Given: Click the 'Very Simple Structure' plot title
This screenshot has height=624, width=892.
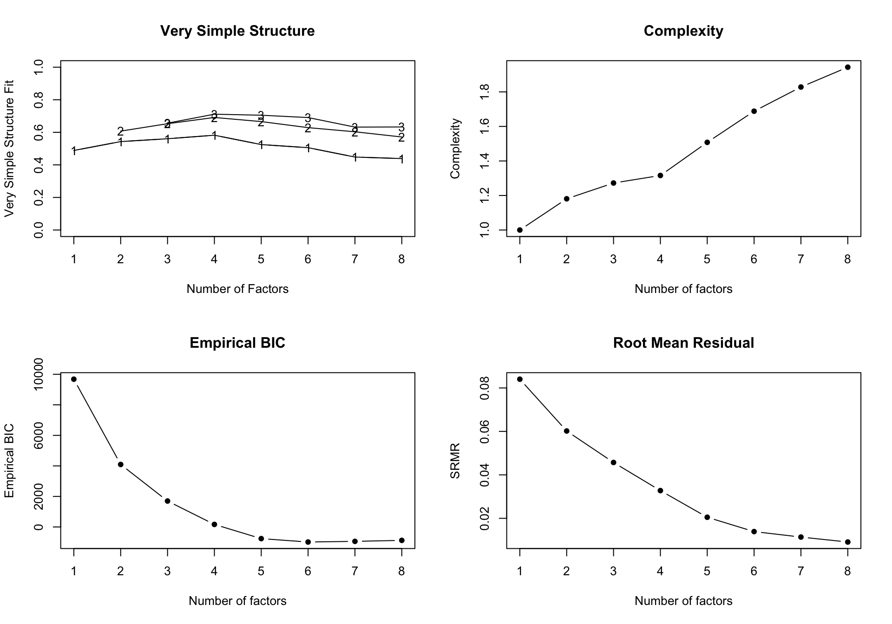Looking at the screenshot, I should pos(237,31).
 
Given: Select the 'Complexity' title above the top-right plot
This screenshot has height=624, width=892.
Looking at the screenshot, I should pos(683,31).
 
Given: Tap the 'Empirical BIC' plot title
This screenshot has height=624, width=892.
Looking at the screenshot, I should pos(237,343).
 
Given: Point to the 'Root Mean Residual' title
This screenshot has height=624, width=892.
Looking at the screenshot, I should pos(683,343).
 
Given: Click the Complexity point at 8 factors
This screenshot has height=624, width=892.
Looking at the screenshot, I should pos(847,67).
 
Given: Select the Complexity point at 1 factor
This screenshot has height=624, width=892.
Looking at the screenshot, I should pos(520,230).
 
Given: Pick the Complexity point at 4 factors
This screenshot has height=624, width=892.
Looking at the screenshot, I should pos(660,175).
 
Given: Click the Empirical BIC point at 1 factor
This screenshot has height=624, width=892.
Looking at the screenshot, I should pos(74,379).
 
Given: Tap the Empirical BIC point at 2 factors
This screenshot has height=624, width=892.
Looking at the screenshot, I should pos(121,464).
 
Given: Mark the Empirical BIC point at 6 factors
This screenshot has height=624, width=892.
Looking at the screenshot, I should pos(308,542).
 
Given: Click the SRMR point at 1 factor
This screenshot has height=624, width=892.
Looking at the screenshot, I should pos(520,379).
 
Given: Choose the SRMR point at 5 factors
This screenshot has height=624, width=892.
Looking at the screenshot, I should pos(707,517).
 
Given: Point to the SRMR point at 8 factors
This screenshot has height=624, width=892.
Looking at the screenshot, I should pos(847,542).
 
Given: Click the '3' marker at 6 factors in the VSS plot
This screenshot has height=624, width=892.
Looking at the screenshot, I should pos(308,117).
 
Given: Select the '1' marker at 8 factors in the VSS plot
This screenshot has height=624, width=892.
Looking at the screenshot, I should pos(401,159).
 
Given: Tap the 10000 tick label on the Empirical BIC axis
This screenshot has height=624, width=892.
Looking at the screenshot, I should pos(39,374).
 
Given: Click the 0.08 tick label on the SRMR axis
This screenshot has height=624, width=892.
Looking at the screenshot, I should pos(485,388).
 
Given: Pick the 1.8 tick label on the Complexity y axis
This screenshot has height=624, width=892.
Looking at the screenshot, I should pos(485,92).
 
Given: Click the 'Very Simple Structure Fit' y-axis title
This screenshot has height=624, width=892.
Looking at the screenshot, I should pos(9,149).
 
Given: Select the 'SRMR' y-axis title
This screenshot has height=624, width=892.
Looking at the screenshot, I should pos(455,461).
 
